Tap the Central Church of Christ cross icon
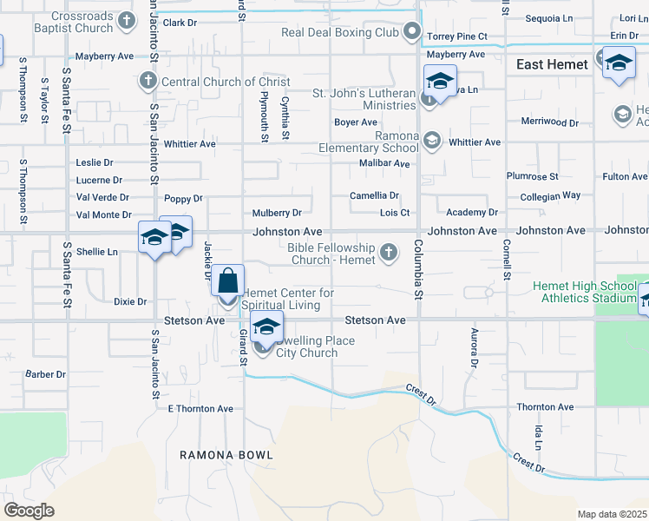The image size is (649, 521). point(147,82)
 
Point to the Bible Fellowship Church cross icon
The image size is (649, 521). point(389,254)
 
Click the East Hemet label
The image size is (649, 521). point(552,64)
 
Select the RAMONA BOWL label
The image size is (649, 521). point(226,455)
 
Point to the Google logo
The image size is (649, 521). point(29,510)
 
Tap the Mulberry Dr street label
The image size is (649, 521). point(277,213)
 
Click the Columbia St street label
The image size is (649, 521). point(417,271)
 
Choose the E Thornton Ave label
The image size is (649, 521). point(200,408)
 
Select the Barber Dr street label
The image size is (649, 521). point(45,375)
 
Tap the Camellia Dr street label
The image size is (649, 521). point(374,196)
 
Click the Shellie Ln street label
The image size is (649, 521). point(96,252)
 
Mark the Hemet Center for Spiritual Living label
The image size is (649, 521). point(288,299)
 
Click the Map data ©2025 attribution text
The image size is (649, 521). point(612,514)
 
